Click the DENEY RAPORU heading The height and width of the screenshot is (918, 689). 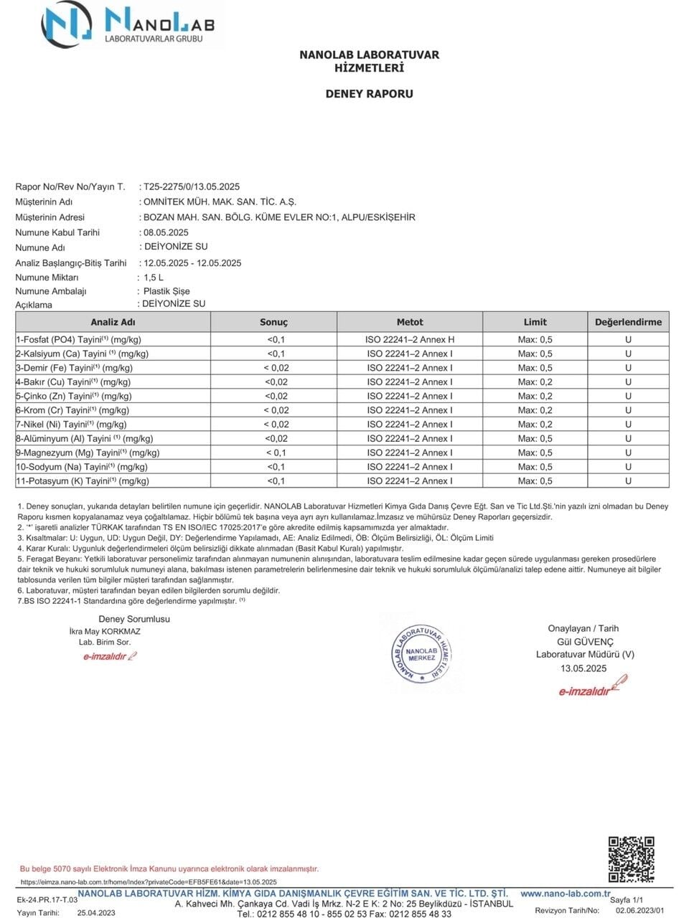369,93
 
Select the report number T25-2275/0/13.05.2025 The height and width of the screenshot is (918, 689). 192,186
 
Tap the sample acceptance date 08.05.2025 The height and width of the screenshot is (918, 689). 166,232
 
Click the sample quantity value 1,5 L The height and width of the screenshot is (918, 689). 154,277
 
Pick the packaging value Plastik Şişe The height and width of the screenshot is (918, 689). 167,291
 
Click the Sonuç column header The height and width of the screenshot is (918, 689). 273,322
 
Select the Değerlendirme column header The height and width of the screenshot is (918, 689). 628,322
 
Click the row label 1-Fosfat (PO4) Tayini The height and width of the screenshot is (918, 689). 78,339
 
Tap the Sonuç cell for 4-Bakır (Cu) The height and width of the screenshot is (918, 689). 276,382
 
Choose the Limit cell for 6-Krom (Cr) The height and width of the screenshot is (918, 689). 535,410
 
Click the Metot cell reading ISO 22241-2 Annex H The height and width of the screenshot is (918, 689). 410,339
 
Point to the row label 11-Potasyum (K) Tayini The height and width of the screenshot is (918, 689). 82,481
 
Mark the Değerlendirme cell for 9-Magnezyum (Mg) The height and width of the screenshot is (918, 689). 628,453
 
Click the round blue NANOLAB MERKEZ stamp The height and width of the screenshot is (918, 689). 422,653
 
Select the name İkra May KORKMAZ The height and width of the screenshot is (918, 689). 105,632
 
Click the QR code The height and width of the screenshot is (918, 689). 631,858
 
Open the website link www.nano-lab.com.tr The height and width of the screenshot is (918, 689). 566,894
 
